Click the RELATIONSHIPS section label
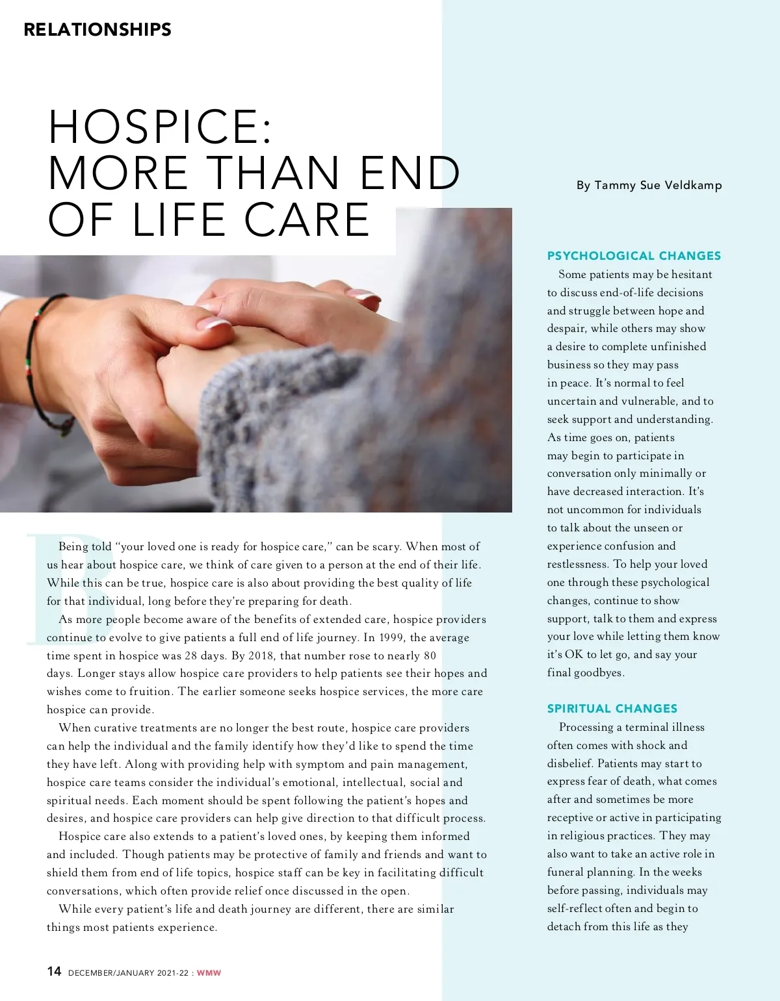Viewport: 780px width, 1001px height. pyautogui.click(x=97, y=29)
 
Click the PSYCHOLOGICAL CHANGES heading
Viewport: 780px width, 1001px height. pyautogui.click(x=634, y=256)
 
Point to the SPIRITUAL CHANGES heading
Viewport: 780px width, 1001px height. pyautogui.click(x=612, y=709)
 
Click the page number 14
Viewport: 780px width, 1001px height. pyautogui.click(x=54, y=971)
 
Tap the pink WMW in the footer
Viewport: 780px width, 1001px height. pyautogui.click(x=209, y=973)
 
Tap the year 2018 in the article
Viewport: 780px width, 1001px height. pyautogui.click(x=263, y=656)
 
